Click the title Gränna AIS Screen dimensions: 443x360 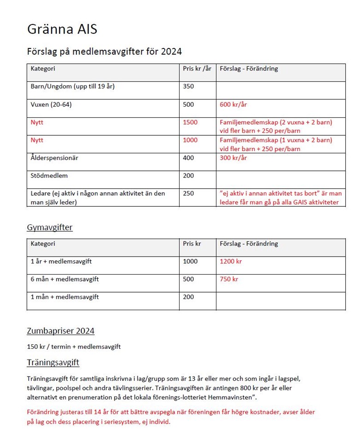(62, 30)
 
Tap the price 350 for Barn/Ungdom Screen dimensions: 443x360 (188, 87)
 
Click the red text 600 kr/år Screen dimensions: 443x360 (233, 105)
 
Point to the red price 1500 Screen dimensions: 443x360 (190, 122)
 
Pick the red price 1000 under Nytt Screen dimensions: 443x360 (190, 140)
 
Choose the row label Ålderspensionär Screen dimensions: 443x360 (54, 158)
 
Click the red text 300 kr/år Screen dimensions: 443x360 (233, 158)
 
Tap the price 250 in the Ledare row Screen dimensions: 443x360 (188, 193)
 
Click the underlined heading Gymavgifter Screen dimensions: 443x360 (49, 227)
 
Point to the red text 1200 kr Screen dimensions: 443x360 (231, 262)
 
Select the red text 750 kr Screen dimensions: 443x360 (229, 279)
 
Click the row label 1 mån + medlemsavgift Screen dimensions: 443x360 (65, 297)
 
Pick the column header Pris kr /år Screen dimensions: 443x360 (197, 69)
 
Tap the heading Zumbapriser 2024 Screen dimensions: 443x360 (60, 331)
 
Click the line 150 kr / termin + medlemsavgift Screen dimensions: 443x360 (74, 347)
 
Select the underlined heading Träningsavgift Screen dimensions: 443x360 (53, 363)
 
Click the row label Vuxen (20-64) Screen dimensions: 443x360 (51, 105)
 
